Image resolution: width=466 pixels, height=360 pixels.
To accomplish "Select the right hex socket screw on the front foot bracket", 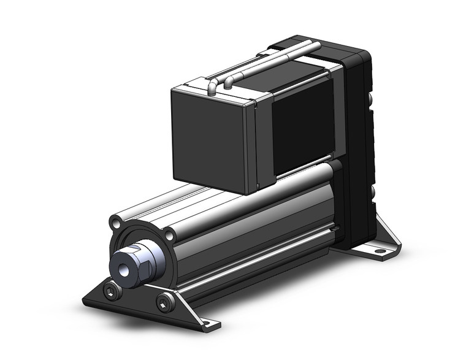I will pos(164,300).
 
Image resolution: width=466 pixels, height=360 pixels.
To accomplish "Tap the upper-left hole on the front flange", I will pos(116,221).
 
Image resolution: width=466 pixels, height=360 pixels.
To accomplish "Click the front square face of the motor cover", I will pos(208,138).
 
